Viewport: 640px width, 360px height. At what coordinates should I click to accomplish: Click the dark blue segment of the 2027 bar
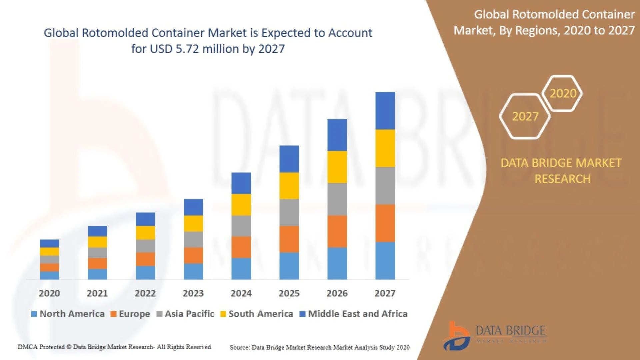tap(385, 111)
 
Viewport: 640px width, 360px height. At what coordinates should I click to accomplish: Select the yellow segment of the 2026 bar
tap(337, 167)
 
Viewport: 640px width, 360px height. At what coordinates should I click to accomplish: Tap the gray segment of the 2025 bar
tap(289, 212)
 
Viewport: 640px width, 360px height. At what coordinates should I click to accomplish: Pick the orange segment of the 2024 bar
tap(241, 247)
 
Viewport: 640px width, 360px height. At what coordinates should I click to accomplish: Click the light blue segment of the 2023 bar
tap(193, 271)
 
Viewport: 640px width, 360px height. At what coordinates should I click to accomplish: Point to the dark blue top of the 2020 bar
tap(49, 243)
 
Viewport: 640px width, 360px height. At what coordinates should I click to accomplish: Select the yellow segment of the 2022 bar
tap(145, 233)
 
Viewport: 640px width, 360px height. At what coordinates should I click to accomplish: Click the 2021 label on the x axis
tap(97, 293)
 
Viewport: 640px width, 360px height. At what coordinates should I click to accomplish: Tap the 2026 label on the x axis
tap(337, 293)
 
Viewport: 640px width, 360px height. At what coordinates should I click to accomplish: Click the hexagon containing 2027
tap(525, 116)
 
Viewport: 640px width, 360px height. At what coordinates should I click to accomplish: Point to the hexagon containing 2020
tap(563, 93)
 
